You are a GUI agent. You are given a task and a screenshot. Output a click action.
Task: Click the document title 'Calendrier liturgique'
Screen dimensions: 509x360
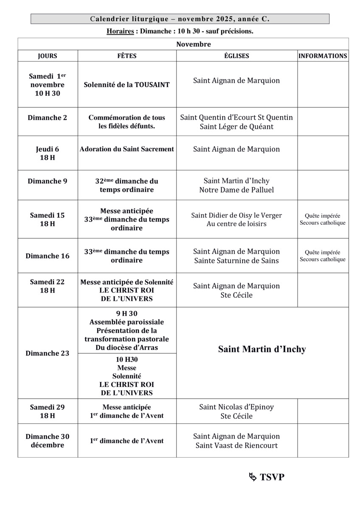pos(130,19)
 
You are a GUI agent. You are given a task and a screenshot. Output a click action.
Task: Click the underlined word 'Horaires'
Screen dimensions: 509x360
pos(120,31)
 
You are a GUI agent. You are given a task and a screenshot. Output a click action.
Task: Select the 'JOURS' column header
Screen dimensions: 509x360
pos(48,56)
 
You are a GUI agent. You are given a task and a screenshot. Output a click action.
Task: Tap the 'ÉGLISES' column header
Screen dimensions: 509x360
pos(237,56)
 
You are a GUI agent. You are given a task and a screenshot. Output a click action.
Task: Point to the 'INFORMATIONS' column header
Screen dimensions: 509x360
pos(323,56)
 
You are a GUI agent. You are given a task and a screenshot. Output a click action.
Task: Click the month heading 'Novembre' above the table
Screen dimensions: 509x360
pos(194,44)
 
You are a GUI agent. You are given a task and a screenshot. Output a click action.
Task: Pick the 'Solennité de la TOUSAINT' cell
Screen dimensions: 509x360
pos(127,85)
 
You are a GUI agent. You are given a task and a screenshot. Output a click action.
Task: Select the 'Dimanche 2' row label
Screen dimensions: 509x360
pos(48,118)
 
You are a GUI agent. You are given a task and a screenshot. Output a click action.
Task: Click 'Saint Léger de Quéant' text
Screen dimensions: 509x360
pos(236,126)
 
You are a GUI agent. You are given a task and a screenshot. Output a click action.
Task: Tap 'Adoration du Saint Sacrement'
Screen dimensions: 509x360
pos(127,149)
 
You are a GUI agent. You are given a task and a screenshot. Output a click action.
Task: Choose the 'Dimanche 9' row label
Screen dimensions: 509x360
pos(48,181)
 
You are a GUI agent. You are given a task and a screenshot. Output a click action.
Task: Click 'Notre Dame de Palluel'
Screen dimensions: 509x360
pos(236,190)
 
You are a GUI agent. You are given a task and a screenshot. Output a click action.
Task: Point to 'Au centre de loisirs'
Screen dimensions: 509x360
pos(236,224)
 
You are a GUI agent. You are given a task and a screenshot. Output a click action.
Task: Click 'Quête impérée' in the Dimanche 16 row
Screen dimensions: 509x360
pos(323,252)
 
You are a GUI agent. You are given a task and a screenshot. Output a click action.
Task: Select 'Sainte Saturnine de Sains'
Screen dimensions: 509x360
pos(236,260)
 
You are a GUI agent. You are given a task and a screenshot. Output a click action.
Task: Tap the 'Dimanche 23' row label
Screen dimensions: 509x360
pos(48,353)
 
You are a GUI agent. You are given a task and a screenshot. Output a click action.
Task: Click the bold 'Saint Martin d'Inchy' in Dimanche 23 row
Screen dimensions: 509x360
pos(262,350)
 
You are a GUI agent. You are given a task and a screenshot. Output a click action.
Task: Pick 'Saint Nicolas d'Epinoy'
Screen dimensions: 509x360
pos(236,407)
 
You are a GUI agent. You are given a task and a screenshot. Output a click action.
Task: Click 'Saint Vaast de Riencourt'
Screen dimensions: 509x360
pos(236,445)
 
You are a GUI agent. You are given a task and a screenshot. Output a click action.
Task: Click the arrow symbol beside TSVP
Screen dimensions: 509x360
pos(253,477)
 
